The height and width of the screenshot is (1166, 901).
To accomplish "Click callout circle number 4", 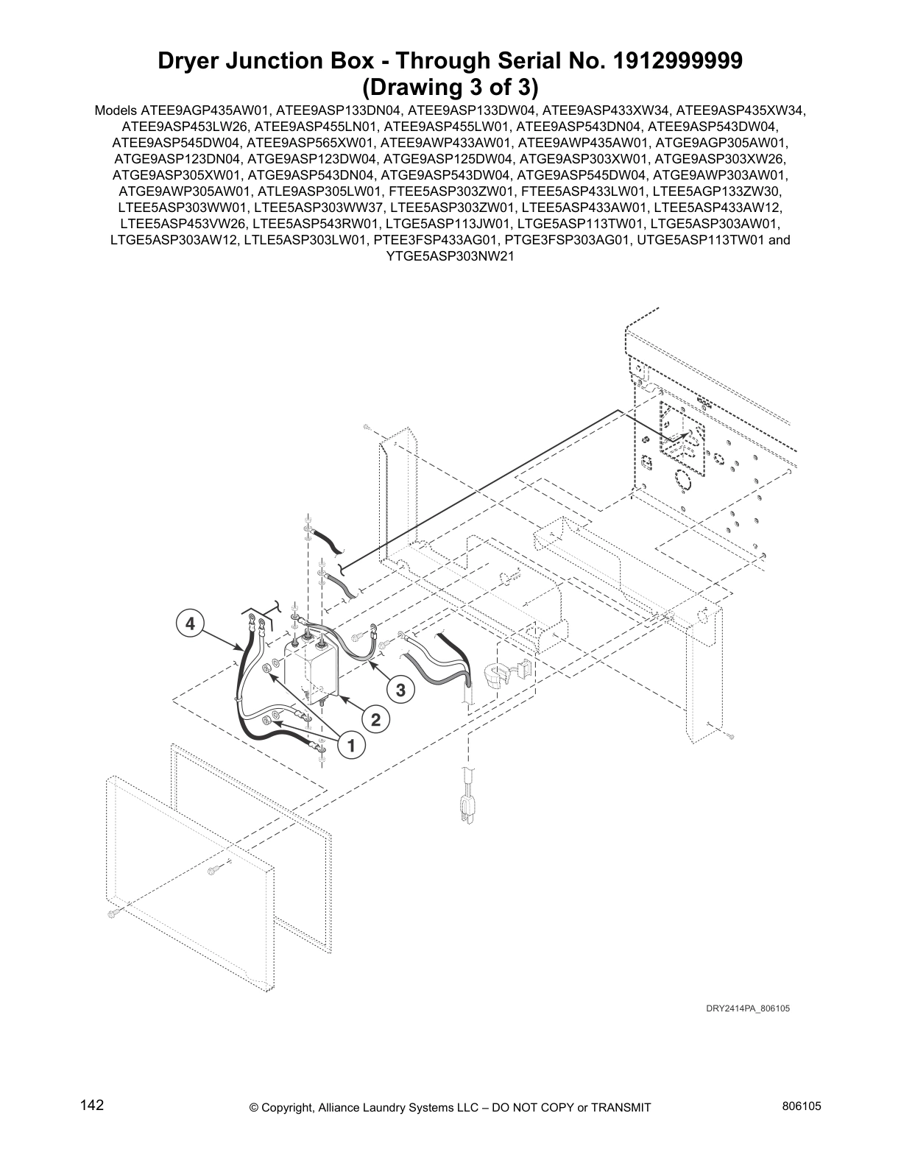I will (x=190, y=624).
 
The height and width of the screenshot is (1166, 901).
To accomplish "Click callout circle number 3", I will (x=400, y=690).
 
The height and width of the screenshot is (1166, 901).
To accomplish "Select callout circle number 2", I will (x=375, y=719).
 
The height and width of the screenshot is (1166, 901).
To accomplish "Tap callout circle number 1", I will (x=351, y=746).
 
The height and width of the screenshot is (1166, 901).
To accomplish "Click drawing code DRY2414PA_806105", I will (x=747, y=1008).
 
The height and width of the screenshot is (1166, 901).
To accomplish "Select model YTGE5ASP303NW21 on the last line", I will (x=450, y=256).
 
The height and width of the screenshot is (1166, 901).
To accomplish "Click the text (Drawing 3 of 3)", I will (x=450, y=87).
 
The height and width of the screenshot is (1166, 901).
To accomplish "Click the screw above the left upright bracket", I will (x=365, y=427).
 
